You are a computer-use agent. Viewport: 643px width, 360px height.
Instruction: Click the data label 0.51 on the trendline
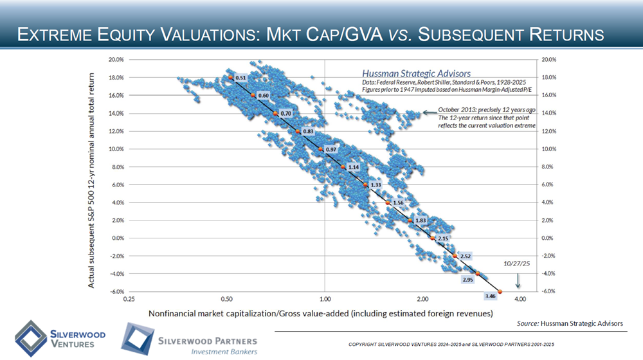(x=241, y=78)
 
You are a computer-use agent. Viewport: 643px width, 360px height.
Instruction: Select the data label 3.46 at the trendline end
(x=490, y=296)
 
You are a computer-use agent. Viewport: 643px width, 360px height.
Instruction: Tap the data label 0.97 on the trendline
(x=332, y=150)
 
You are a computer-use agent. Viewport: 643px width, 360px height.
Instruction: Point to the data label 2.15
(x=442, y=239)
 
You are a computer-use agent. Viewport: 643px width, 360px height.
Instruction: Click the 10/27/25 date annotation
(x=516, y=263)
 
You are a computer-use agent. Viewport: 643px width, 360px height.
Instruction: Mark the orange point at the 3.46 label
(x=500, y=292)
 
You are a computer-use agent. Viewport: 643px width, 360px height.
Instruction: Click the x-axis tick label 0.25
(x=128, y=300)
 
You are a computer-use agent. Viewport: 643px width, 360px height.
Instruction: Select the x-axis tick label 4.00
(x=520, y=300)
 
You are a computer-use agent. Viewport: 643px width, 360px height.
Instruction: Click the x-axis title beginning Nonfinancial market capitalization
(x=321, y=314)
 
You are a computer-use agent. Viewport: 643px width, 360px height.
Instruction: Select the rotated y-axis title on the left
(x=93, y=179)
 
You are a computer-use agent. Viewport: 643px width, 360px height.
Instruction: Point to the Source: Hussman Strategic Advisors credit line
(x=570, y=323)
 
